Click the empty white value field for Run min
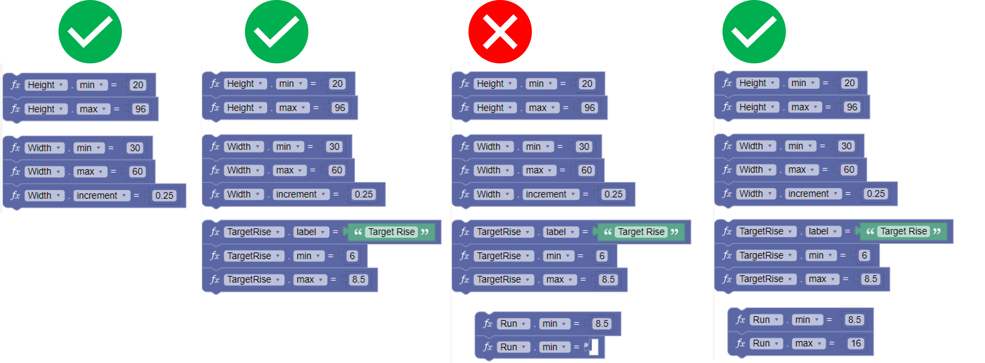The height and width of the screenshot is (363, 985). tap(594, 347)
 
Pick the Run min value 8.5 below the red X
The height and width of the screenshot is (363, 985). tap(602, 324)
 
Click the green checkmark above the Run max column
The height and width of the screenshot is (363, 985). tap(754, 32)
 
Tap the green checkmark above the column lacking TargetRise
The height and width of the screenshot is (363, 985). tap(90, 32)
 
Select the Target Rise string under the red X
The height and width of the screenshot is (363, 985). tap(641, 232)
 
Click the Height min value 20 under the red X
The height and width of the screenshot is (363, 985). tap(587, 83)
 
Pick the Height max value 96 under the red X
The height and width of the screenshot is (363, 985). tap(589, 108)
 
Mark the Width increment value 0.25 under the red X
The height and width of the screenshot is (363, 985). tap(613, 194)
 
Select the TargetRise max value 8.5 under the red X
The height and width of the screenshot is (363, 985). tap(608, 279)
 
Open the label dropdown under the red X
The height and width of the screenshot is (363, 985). tap(561, 232)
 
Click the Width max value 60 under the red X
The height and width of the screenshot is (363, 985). tap(586, 170)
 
